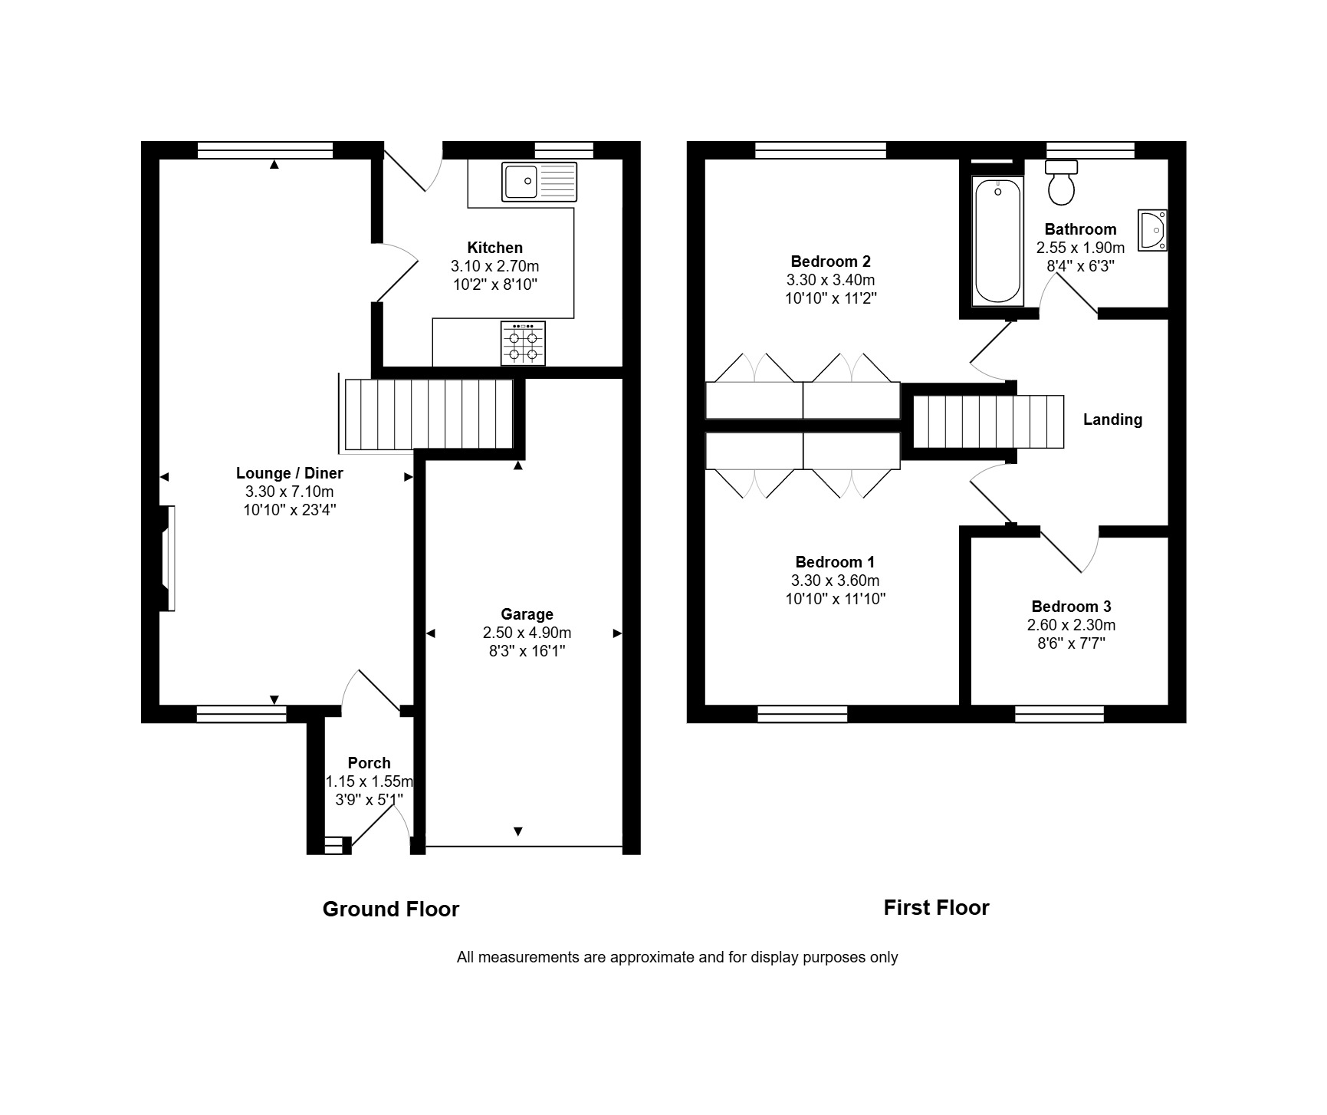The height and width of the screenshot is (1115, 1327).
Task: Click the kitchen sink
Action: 539,182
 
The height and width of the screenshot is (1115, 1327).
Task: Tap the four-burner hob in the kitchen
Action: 523,343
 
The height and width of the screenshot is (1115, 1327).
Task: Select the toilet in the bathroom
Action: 1062,183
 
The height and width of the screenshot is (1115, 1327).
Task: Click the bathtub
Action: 997,242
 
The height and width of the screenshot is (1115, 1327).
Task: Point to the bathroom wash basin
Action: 1152,230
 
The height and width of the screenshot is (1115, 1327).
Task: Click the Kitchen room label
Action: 495,248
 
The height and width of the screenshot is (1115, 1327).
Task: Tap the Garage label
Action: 527,614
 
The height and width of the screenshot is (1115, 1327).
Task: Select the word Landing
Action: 1112,419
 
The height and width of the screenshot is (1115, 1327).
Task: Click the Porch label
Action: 369,763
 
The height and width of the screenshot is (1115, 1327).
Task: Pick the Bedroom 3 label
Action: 1071,607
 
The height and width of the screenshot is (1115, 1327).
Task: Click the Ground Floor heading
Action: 391,909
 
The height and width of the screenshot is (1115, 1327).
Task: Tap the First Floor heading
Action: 936,908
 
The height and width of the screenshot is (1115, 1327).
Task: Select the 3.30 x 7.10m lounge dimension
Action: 289,492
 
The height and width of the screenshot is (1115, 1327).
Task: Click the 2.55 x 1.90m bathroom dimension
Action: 1080,248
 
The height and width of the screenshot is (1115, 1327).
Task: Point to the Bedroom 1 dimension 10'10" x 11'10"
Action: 835,599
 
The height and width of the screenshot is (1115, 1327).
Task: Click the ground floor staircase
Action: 428,414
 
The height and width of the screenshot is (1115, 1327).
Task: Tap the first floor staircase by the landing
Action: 988,421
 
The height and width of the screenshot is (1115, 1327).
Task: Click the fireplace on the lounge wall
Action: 166,558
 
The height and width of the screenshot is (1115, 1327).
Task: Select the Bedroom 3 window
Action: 1059,714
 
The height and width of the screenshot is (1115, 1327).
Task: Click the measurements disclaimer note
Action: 677,957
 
